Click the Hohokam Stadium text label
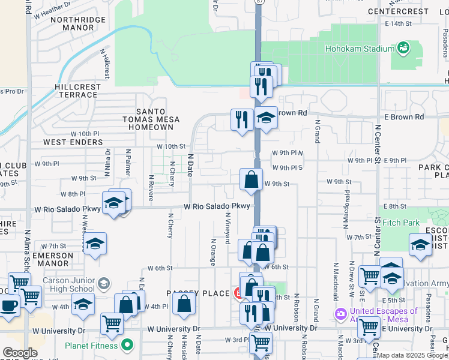click(x=358, y=49)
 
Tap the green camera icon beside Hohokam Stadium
click(x=403, y=47)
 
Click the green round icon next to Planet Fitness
click(x=127, y=345)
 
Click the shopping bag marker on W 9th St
click(x=251, y=179)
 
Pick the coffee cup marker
click(x=9, y=304)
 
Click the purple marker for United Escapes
click(x=341, y=314)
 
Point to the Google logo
click(x=20, y=353)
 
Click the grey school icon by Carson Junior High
click(x=103, y=283)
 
